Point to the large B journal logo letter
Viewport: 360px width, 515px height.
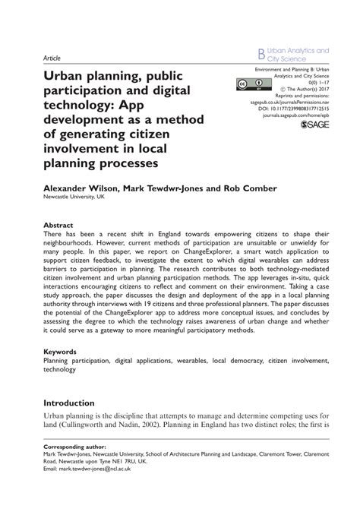click(x=261, y=55)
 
